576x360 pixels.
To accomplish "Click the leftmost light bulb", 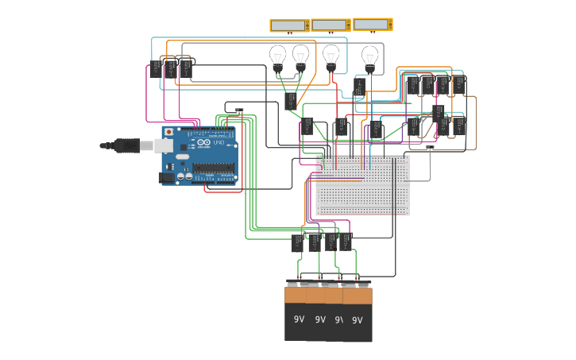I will tap(277, 57).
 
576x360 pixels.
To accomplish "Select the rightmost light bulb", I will tap(369, 57).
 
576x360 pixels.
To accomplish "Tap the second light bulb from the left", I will tap(300, 57).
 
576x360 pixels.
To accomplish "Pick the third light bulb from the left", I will tap(331, 57).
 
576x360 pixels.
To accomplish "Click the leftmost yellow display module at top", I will tap(289, 25).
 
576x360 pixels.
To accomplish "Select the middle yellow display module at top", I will tap(331, 25).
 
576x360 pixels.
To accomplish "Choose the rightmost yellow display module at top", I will tap(372, 25).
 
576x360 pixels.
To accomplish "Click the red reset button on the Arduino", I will tap(168, 132).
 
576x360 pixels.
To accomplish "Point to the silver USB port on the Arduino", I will tap(163, 145).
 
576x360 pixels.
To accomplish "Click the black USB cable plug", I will tap(127, 145).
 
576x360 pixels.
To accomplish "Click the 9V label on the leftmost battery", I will tap(299, 319).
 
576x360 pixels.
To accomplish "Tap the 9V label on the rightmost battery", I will tap(357, 320).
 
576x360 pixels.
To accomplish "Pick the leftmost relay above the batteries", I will tap(297, 242).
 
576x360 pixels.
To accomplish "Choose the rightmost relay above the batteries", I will tap(346, 242).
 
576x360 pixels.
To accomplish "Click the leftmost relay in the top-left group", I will tap(156, 70).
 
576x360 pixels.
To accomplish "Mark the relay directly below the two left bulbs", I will tap(291, 101).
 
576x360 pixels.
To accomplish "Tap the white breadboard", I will tap(363, 185).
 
